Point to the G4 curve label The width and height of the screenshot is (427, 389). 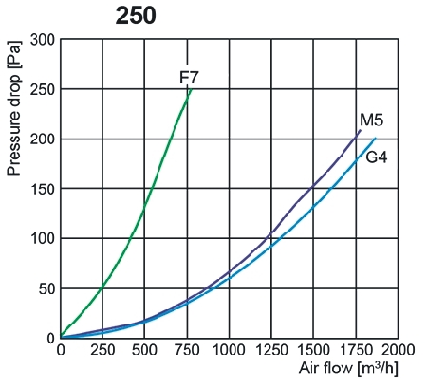click(377, 157)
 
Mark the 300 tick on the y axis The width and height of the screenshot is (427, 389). click(42, 40)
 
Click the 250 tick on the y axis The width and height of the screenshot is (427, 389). click(42, 89)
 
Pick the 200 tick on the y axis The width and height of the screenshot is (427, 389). click(42, 139)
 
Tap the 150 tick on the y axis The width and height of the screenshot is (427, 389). click(42, 189)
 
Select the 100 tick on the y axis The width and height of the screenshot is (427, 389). click(42, 238)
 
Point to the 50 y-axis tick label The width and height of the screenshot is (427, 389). click(46, 287)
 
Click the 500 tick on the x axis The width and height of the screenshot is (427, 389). click(144, 349)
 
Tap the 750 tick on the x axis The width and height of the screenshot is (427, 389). click(186, 349)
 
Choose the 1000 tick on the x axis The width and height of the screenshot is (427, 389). click(228, 349)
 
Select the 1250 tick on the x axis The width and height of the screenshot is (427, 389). click(269, 349)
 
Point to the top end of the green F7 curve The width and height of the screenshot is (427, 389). click(190, 88)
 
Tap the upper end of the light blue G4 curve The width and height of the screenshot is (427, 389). click(374, 139)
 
